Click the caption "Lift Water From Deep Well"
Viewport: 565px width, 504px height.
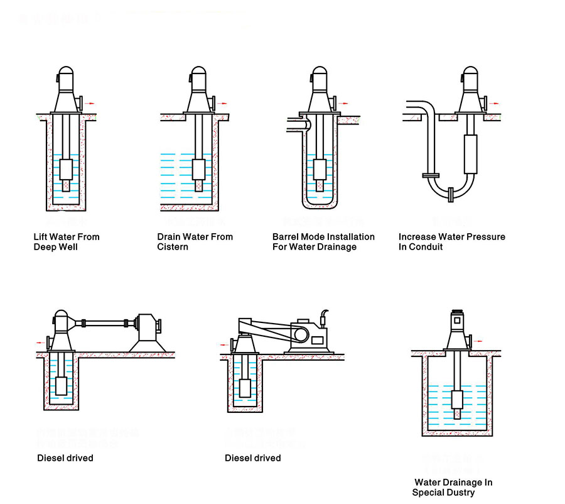[67, 242]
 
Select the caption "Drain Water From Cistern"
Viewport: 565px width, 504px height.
[195, 242]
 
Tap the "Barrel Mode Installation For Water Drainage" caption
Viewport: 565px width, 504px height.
[323, 242]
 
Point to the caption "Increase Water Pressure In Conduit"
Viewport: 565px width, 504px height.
[451, 242]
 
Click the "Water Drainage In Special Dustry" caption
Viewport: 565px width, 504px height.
[452, 487]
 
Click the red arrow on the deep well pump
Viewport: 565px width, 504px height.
[91, 102]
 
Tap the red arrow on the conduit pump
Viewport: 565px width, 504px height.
[495, 102]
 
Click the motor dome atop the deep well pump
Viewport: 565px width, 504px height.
[66, 77]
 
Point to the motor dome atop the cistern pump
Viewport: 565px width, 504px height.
[198, 77]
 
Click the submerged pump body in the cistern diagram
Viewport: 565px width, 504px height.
[198, 170]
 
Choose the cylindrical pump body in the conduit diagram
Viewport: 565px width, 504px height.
[470, 154]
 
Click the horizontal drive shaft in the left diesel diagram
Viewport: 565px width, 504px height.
[104, 324]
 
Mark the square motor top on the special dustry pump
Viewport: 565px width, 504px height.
[458, 320]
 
